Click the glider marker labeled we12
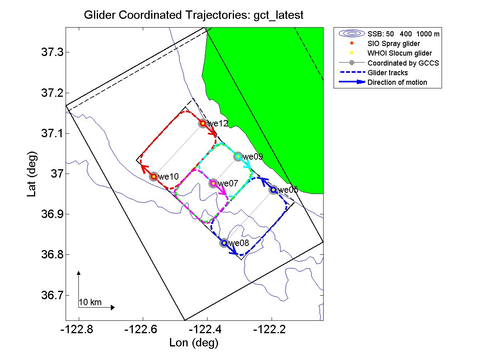click(203, 123)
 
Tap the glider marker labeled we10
click(154, 176)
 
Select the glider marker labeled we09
click(238, 156)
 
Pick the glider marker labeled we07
click(213, 183)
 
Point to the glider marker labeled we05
click(273, 190)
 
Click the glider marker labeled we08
click(224, 243)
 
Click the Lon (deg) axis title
click(194, 343)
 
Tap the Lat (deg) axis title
click(33, 174)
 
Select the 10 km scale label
click(90, 303)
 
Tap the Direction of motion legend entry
click(397, 82)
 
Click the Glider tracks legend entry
click(388, 72)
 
